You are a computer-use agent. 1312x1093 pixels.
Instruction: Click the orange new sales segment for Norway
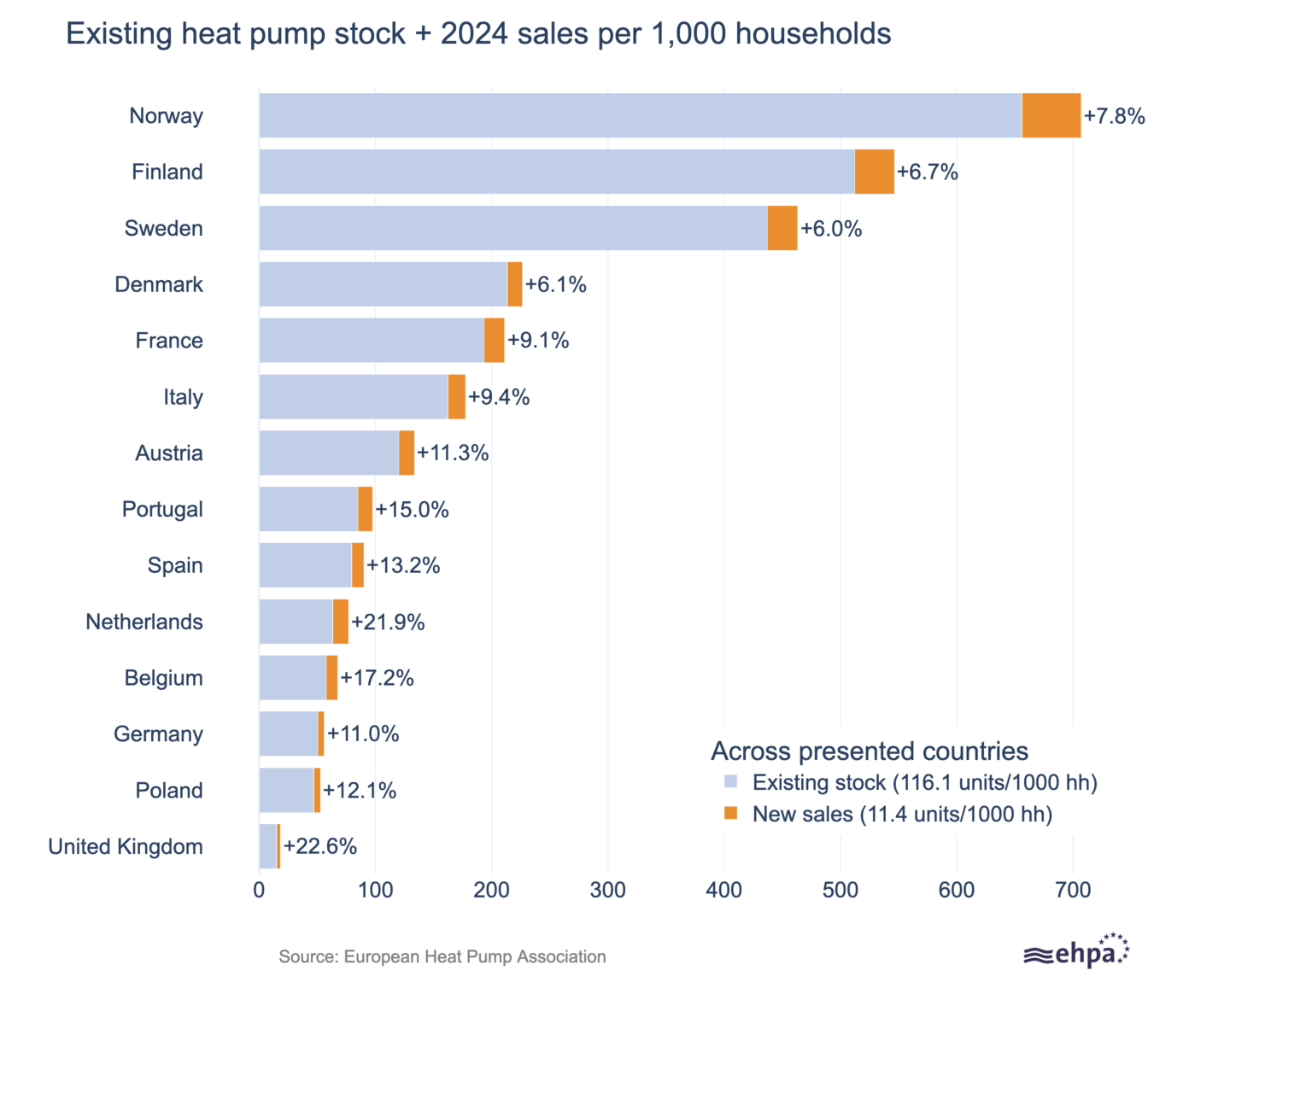pyautogui.click(x=1051, y=115)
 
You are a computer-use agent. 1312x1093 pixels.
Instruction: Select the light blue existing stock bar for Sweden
pyautogui.click(x=512, y=228)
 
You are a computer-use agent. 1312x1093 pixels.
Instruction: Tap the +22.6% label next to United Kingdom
pyautogui.click(x=320, y=846)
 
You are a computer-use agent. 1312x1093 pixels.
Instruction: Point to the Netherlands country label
pyautogui.click(x=144, y=622)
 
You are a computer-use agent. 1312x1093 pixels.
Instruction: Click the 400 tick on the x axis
pyautogui.click(x=723, y=890)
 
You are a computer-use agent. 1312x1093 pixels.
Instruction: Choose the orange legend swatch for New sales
pyautogui.click(x=730, y=814)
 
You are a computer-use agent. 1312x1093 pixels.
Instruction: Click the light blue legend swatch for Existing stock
pyautogui.click(x=730, y=782)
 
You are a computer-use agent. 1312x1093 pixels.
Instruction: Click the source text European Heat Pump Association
pyautogui.click(x=442, y=956)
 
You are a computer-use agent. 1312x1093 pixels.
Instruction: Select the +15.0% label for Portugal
pyautogui.click(x=412, y=510)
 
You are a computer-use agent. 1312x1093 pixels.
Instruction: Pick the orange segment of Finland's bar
pyautogui.click(x=874, y=172)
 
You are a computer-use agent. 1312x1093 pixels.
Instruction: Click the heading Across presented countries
pyautogui.click(x=870, y=751)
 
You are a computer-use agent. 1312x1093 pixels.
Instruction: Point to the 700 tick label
pyautogui.click(x=1073, y=890)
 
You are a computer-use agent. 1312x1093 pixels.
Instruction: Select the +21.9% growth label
pyautogui.click(x=388, y=622)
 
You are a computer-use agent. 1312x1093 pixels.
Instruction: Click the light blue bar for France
pyautogui.click(x=372, y=341)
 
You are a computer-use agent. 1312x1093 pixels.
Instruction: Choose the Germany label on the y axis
pyautogui.click(x=159, y=734)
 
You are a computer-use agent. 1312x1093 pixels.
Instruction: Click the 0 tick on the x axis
pyautogui.click(x=260, y=890)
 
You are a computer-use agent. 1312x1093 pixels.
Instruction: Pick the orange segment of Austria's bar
pyautogui.click(x=407, y=453)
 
